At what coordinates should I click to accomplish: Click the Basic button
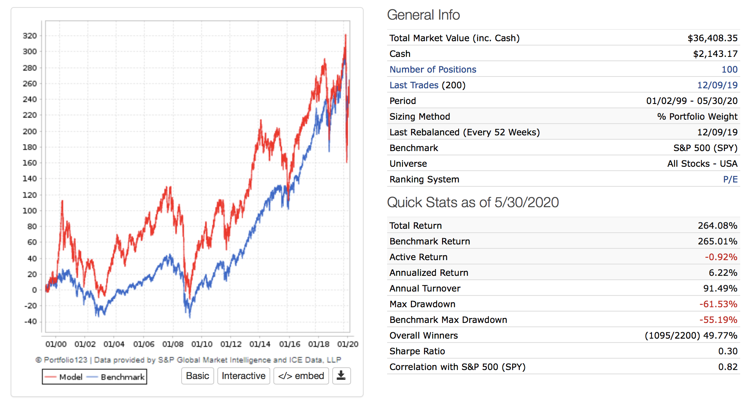coord(197,376)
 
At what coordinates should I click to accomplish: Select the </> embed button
coord(301,376)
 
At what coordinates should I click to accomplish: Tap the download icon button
coord(341,376)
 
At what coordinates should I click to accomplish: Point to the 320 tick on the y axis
coord(30,36)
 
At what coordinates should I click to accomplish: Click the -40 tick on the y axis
coord(30,321)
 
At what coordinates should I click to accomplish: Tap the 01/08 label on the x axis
coord(173,344)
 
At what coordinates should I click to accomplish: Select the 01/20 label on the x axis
coord(348,344)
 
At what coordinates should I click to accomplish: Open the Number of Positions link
coord(433,69)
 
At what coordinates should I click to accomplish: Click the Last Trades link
coord(414,85)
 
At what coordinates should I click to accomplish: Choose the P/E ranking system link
coord(730,179)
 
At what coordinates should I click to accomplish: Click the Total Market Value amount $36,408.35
coord(712,38)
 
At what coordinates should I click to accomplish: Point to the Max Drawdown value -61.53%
coord(718,304)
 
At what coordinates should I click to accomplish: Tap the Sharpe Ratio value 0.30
coord(728,351)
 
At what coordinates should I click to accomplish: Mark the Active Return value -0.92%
coord(721,257)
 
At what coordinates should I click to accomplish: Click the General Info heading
coord(423,15)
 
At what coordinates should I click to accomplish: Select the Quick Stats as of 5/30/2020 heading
coord(473,202)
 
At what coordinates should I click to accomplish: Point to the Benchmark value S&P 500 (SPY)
coord(705,148)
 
